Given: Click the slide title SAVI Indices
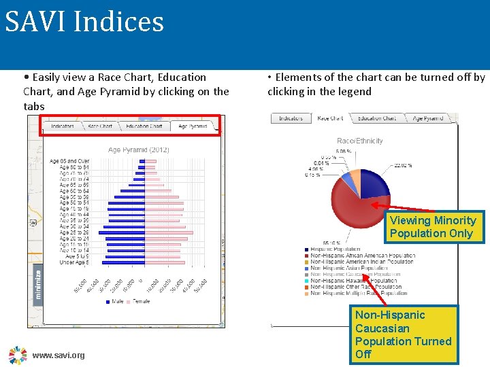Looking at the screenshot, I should [85, 22].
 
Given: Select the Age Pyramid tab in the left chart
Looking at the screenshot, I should [193, 126].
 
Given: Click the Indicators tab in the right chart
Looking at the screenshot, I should [291, 118].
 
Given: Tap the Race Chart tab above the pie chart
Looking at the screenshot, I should [331, 118].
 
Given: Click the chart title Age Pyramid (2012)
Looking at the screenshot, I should [139, 150].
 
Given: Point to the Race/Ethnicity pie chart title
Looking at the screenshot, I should [360, 141].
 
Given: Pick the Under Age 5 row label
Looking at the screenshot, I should [73, 262].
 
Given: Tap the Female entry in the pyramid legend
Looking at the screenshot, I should [141, 301].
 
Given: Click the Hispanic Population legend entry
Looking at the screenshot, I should [336, 249].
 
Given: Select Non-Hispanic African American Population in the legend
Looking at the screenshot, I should [362, 256].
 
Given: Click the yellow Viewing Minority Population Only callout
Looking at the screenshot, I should [433, 227].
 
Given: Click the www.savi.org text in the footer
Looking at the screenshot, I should [59, 355].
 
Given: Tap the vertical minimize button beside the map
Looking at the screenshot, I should [38, 284].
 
